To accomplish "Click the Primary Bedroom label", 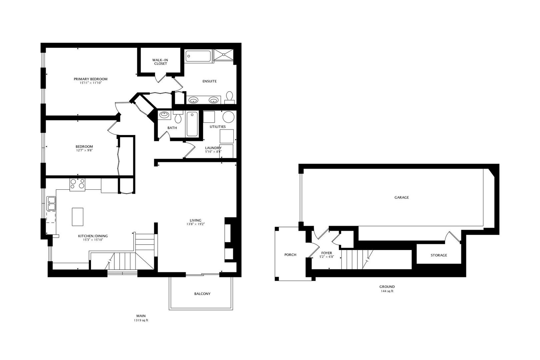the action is click(x=90, y=79).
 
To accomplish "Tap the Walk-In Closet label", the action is click(x=160, y=62).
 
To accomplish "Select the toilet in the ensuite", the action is click(x=229, y=97).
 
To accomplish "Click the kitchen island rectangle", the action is click(x=78, y=217).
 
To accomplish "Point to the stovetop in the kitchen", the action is click(x=77, y=185).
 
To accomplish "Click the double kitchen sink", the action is click(x=51, y=203).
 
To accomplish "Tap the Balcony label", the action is click(x=202, y=294).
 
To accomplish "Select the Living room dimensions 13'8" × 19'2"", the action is click(x=196, y=224).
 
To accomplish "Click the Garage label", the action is click(x=402, y=197).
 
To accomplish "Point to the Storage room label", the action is click(x=439, y=255).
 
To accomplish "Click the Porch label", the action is click(x=290, y=255).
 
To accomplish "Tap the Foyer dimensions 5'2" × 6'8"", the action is click(x=327, y=257).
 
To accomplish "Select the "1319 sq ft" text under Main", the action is click(x=141, y=320).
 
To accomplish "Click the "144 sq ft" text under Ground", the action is click(x=387, y=291).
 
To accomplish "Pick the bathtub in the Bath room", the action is click(x=192, y=124).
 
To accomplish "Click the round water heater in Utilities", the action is click(x=228, y=117).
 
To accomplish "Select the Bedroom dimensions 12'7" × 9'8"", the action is click(x=84, y=150).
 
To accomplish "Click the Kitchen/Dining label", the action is click(x=93, y=236).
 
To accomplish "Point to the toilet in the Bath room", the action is click(x=178, y=117).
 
